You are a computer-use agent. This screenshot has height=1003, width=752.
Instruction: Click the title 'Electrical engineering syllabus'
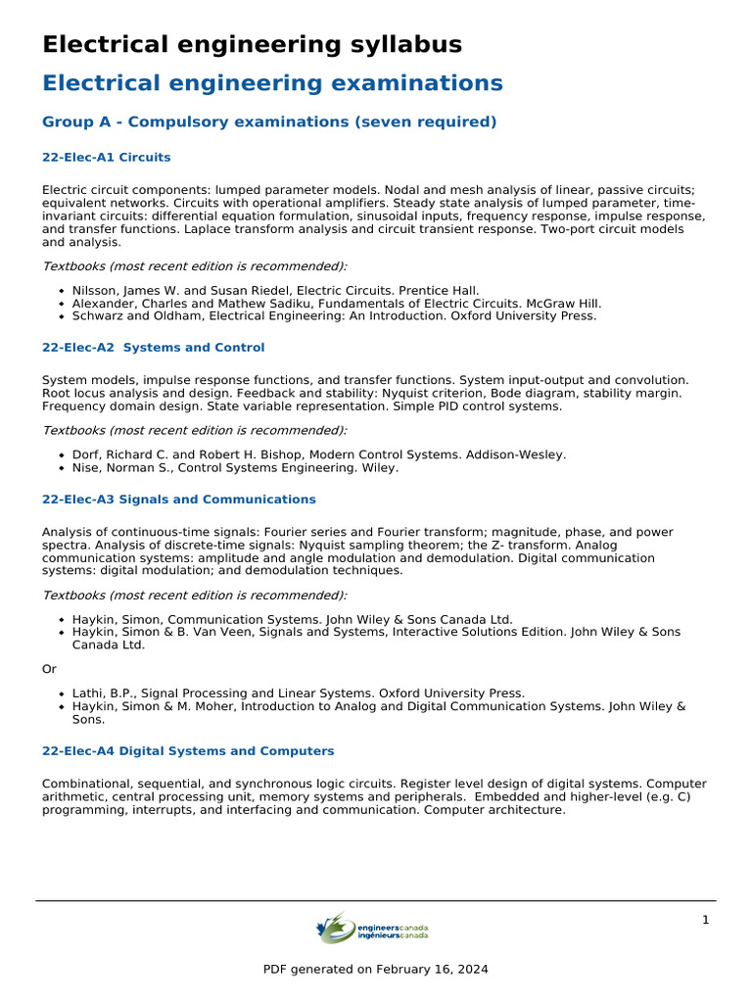(x=252, y=45)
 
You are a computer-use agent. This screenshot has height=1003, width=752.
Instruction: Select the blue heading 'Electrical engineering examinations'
(x=272, y=83)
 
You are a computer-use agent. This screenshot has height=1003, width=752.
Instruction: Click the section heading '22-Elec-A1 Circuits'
(x=106, y=157)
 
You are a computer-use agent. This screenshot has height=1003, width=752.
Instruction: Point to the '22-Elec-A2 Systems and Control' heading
(x=153, y=348)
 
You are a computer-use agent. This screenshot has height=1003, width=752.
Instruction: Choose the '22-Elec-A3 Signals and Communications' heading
(x=178, y=500)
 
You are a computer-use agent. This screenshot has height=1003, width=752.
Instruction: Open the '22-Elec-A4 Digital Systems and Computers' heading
(x=188, y=751)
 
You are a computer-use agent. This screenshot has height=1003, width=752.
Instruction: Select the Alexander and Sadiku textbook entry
(x=336, y=304)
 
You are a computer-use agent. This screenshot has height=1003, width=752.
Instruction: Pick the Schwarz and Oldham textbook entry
(x=334, y=316)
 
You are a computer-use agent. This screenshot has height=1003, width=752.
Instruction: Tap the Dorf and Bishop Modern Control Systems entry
(x=318, y=454)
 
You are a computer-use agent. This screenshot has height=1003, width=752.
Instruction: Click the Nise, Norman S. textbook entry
(x=235, y=468)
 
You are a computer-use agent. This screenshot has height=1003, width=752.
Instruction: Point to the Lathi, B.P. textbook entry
(x=298, y=693)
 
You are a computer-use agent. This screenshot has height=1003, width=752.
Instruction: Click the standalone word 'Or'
(x=49, y=669)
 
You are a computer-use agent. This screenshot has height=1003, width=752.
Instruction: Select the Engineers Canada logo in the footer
(x=373, y=929)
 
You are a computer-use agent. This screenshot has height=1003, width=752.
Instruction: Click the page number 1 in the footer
(x=705, y=920)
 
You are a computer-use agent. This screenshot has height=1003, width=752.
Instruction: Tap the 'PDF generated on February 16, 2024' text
(x=375, y=970)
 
